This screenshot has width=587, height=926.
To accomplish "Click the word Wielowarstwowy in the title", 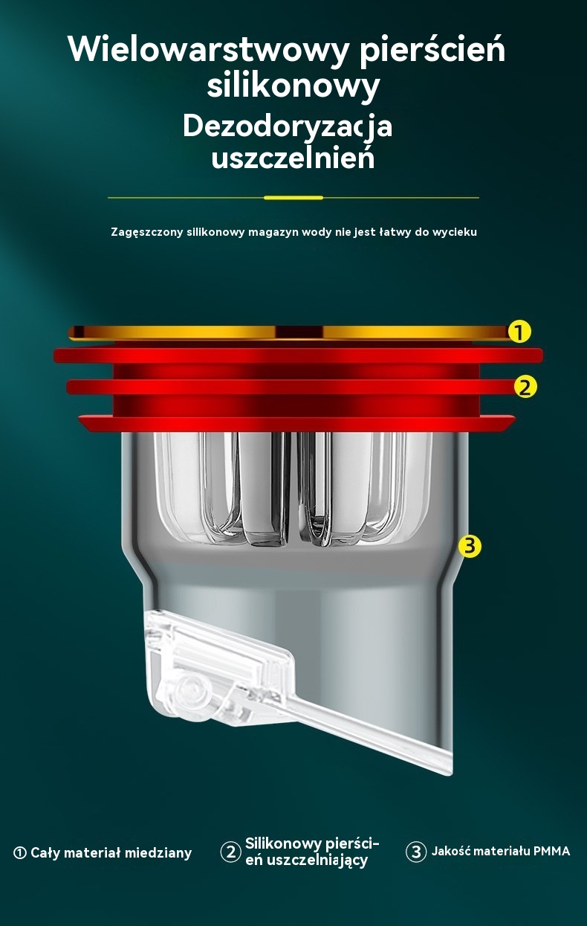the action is click(208, 50).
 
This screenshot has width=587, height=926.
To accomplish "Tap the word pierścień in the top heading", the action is click(432, 49).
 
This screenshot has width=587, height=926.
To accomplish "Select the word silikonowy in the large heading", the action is click(293, 86).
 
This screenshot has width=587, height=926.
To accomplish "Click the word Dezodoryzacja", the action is click(288, 127).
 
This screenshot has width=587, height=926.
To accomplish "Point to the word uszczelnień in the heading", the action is click(293, 158).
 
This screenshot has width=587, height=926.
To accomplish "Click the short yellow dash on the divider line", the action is click(293, 198).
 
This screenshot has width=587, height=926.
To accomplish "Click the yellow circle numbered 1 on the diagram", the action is click(519, 332).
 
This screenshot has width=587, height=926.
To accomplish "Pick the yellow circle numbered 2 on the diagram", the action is click(525, 388).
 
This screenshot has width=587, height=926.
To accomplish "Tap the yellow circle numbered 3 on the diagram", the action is click(470, 546).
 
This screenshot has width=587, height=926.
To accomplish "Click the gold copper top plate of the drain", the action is click(289, 332).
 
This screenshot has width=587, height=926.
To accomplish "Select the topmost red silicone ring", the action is click(298, 356).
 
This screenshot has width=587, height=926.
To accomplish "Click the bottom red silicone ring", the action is click(296, 423).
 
